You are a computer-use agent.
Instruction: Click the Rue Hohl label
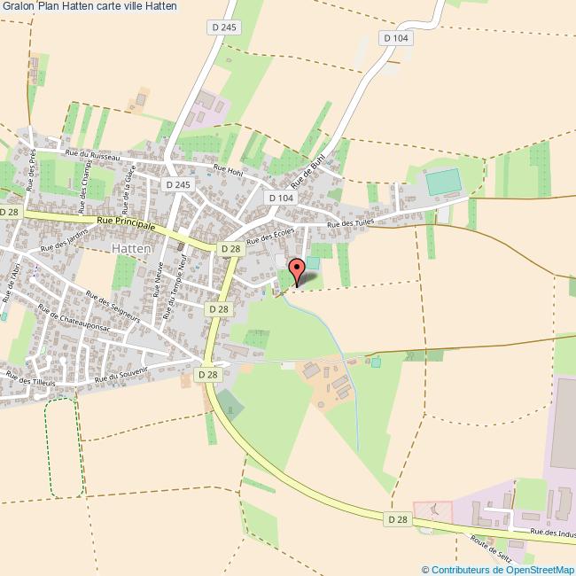228,168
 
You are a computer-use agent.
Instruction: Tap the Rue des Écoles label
270,236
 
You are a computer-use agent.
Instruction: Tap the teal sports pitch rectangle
442,183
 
